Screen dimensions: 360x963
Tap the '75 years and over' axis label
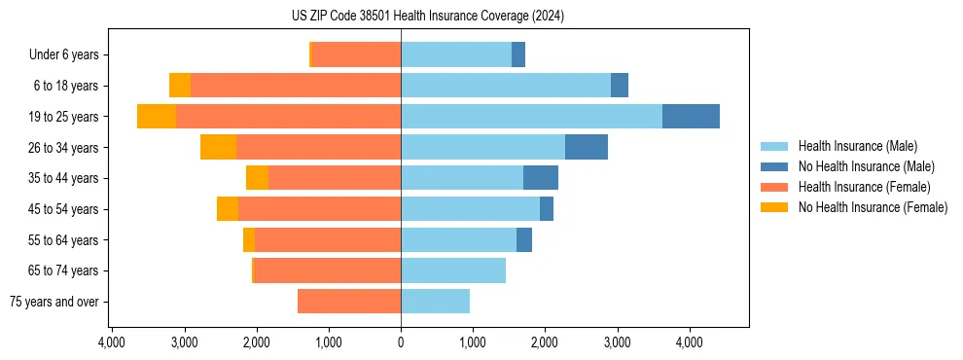53,302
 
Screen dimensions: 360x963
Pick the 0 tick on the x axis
401,342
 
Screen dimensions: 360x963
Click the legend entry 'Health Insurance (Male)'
857,146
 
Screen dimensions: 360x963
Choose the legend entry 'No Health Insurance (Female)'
873,207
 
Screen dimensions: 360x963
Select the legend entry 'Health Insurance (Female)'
865,187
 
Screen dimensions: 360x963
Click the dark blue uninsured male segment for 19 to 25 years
691,117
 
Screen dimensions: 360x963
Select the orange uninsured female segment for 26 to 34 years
218,147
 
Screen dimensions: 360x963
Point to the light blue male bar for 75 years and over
435,302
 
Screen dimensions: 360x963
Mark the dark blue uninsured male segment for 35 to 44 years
541,178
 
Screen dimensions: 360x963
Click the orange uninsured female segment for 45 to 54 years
228,209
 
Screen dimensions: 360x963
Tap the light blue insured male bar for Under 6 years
456,55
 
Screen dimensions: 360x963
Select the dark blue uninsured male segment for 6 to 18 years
620,86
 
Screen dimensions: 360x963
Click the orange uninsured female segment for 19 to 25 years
157,117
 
